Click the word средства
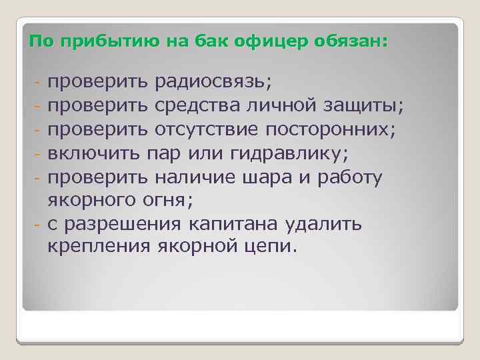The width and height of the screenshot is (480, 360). (197, 105)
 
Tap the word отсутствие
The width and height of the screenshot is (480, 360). (211, 129)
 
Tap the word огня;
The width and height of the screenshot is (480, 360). (167, 200)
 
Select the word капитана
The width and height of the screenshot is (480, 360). (244, 223)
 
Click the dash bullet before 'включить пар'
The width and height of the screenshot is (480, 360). (39, 154)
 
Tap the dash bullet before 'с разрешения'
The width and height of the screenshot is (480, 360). (39, 224)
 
